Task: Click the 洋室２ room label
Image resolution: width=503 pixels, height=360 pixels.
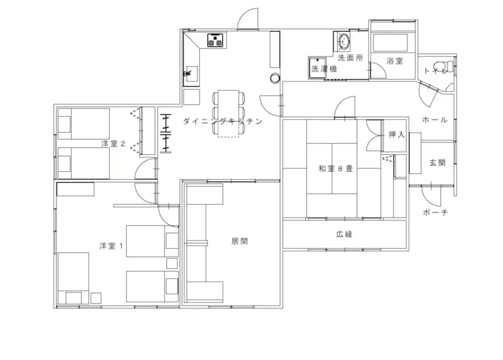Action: tap(113, 143)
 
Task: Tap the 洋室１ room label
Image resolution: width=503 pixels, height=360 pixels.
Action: tap(111, 246)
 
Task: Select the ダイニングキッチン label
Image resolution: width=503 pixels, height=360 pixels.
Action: tap(223, 121)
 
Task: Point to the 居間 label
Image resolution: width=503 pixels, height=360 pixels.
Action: tap(240, 241)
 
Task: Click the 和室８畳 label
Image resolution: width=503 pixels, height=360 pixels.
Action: tap(335, 168)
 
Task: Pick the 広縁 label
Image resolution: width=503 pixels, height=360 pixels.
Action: tap(344, 234)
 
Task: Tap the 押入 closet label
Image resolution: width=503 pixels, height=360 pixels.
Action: tap(396, 135)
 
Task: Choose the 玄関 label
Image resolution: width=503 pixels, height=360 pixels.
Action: tap(438, 163)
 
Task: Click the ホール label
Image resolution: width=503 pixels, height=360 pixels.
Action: tap(435, 120)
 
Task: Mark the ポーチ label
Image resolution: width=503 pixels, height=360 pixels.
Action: tap(435, 212)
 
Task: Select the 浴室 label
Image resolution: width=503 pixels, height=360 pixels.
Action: tap(394, 60)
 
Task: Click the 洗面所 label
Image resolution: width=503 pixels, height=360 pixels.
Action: tap(350, 58)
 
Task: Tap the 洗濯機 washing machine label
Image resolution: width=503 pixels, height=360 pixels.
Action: tap(324, 69)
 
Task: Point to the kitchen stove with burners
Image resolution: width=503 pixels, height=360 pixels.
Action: tap(215, 40)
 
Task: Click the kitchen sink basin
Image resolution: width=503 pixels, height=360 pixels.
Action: tap(192, 74)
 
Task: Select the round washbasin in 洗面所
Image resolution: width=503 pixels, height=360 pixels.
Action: tap(344, 41)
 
